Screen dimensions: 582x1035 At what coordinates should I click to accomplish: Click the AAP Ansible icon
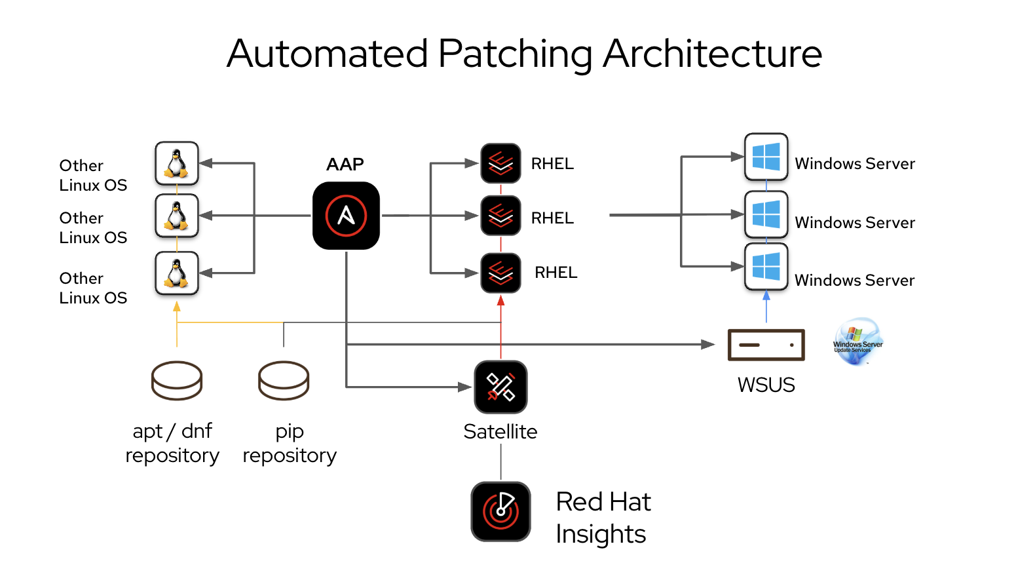tap(346, 216)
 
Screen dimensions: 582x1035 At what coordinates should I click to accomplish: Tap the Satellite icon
tap(500, 387)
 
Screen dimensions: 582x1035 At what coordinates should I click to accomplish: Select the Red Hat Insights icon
tap(500, 511)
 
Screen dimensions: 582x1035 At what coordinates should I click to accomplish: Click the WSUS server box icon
tap(766, 345)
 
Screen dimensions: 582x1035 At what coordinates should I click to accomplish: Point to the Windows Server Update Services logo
tap(857, 341)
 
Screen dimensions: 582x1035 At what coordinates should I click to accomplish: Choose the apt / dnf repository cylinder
tap(177, 380)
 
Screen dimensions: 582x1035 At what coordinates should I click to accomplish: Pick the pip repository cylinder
tap(284, 380)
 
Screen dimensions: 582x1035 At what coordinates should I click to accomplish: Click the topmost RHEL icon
tap(500, 163)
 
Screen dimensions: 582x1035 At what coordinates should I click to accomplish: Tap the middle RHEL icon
tap(500, 216)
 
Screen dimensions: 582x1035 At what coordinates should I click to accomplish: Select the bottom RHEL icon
tap(500, 273)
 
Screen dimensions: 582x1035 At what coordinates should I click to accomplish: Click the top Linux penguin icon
tap(177, 163)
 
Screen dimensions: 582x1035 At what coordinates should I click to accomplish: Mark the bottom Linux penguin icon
tap(177, 273)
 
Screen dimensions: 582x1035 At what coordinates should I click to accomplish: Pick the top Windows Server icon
tap(766, 157)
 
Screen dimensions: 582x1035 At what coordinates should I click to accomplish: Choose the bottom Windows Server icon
tap(766, 267)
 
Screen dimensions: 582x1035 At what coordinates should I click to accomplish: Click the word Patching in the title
tap(515, 54)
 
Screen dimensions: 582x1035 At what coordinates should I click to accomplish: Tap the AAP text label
tap(345, 164)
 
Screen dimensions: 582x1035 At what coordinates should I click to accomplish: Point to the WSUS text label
tap(766, 385)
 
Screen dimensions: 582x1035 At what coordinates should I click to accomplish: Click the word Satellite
tap(500, 431)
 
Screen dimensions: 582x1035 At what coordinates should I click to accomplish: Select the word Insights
tap(601, 534)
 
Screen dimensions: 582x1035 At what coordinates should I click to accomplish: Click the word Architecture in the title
tap(712, 54)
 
